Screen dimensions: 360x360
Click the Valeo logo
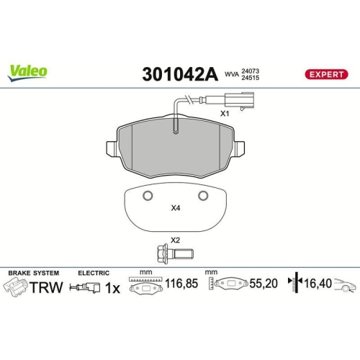[28, 71]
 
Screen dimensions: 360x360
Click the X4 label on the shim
[175, 209]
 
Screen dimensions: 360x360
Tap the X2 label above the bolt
[174, 240]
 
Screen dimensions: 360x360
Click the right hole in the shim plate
[203, 197]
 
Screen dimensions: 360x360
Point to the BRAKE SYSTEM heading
[34, 274]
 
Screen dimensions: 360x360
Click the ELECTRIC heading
[94, 274]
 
